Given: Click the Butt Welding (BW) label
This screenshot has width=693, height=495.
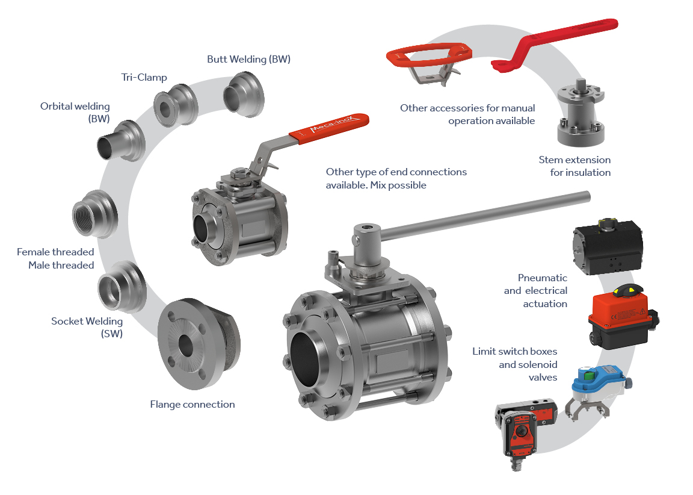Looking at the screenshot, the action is [x=249, y=59].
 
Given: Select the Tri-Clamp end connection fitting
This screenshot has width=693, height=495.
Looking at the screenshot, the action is [x=176, y=105].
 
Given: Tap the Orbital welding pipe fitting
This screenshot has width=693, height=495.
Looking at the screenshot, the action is [x=122, y=141].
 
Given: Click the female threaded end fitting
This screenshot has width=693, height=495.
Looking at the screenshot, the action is [x=95, y=214].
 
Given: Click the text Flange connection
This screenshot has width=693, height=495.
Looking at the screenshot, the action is [x=192, y=404].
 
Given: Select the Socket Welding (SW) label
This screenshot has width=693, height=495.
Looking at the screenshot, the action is [x=87, y=328].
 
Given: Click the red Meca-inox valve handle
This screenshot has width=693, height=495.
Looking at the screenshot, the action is [x=329, y=128].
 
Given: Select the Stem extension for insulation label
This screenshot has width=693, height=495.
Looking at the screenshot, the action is [x=574, y=166].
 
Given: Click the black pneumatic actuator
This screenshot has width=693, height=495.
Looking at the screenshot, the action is [x=608, y=246].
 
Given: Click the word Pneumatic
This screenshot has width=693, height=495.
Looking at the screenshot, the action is [x=542, y=278].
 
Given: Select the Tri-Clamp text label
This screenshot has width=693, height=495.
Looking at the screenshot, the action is [x=144, y=78].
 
